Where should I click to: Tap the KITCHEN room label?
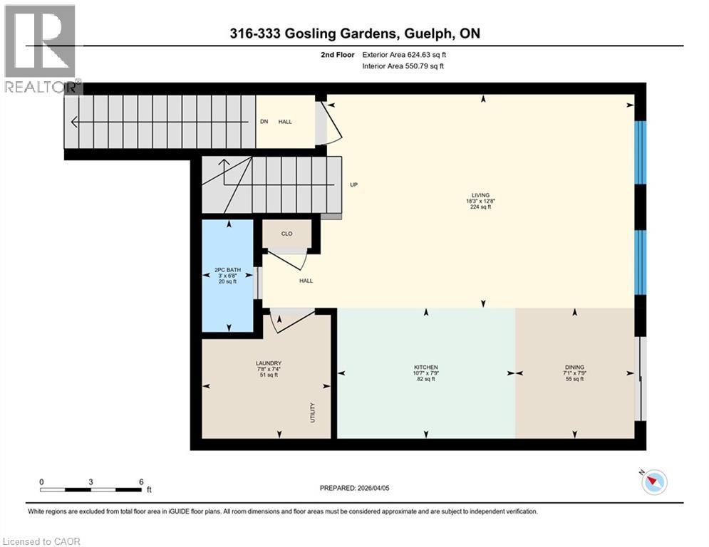click(426, 367)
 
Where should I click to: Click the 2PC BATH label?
click(228, 270)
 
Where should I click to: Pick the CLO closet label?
click(286, 233)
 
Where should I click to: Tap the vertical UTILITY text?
click(312, 413)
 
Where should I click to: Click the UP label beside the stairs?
click(353, 185)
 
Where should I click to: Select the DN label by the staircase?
click(264, 122)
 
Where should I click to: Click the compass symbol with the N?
click(653, 482)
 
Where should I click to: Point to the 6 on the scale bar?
click(140, 481)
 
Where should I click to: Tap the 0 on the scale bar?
click(41, 481)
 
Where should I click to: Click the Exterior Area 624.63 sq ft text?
click(404, 54)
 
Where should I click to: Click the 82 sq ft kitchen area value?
click(426, 380)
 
